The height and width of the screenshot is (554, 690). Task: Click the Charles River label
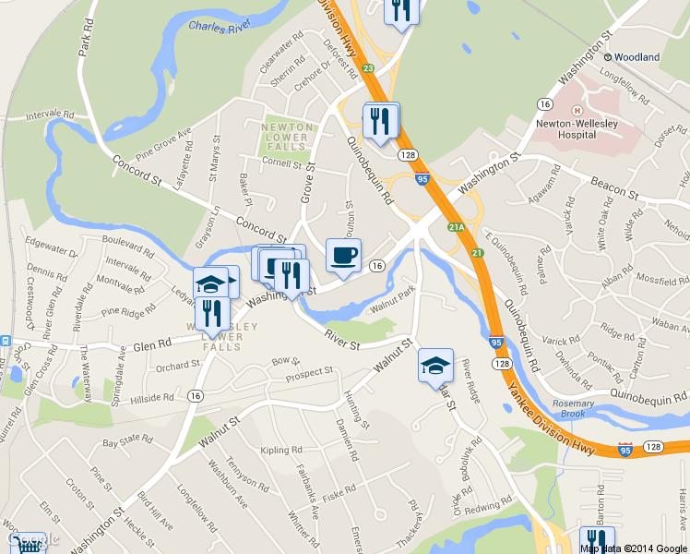(x=220, y=27)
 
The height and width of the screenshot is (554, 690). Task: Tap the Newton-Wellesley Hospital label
(x=577, y=128)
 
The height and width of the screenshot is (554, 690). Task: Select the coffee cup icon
(x=344, y=255)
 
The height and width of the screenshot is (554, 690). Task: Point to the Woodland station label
(x=637, y=57)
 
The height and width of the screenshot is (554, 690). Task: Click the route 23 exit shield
(x=367, y=68)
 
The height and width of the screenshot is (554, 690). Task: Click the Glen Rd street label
(x=152, y=344)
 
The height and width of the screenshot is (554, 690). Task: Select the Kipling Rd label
(x=281, y=451)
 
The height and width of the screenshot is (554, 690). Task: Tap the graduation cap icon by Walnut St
(x=435, y=366)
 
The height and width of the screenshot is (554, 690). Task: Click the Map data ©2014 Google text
(x=633, y=548)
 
